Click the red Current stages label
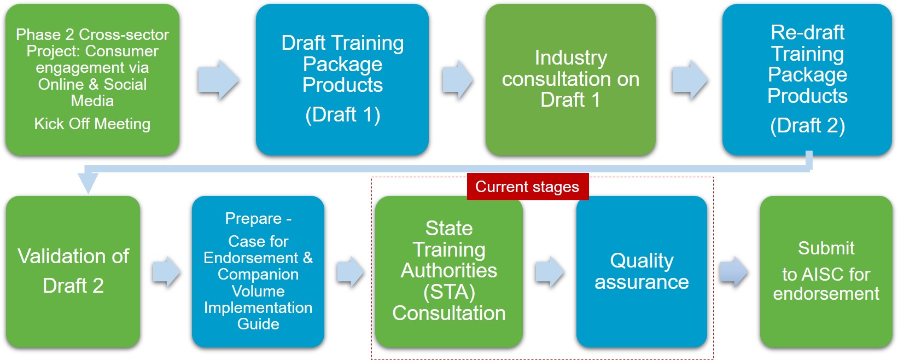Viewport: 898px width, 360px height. [528, 187]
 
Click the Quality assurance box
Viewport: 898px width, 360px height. [642, 271]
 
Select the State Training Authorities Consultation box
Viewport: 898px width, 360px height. [449, 271]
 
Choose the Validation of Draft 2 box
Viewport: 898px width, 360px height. [73, 271]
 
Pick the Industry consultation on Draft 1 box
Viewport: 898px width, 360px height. [570, 79]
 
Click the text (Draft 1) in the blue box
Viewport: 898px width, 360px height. [343, 115]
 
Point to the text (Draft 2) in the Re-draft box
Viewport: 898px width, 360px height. [807, 125]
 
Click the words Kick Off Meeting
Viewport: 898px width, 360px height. [92, 124]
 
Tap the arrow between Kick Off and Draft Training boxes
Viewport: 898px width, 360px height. [219, 79]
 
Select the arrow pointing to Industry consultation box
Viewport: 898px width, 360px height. [457, 79]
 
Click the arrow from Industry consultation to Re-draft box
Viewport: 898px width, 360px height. [690, 79]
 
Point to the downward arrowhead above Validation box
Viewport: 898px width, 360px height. [88, 182]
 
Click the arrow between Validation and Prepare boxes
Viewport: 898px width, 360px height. [166, 271]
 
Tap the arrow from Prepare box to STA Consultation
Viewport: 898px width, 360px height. [351, 271]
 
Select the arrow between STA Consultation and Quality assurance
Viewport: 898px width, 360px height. [550, 271]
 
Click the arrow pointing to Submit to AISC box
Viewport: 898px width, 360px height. [733, 271]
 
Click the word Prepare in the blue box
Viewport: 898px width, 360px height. [253, 219]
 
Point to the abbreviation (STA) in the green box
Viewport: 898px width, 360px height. [449, 292]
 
